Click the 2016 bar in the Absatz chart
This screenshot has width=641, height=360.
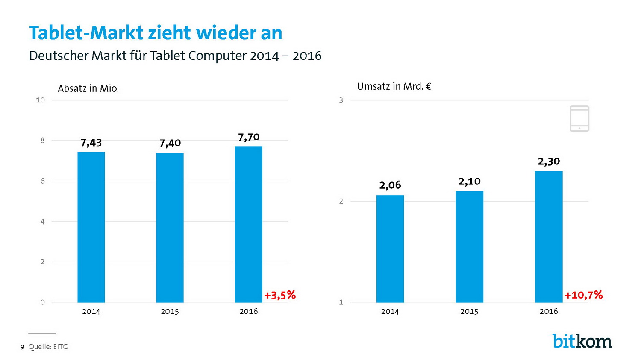coord(248,224)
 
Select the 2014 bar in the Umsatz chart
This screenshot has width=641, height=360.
coord(390,249)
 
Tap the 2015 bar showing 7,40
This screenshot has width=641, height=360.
coord(170,227)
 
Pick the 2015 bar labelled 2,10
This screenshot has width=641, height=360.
coord(469,246)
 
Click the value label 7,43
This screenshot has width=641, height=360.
coord(91,143)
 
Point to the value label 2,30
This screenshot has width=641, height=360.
coord(549,161)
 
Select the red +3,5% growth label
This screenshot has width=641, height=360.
coord(280,295)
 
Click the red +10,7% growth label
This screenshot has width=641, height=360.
coord(583,295)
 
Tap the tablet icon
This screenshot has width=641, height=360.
coord(579,118)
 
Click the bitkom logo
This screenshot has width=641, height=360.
coord(582,341)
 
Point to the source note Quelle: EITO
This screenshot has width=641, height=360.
coord(48,347)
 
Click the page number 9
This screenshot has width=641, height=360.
coord(22,347)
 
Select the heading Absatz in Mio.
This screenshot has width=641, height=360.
coord(88,88)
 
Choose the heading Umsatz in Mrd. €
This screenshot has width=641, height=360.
coord(394,86)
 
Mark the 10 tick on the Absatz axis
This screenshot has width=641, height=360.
coord(40,100)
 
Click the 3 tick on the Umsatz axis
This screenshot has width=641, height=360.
coord(341,100)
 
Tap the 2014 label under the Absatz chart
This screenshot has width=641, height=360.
coord(91,311)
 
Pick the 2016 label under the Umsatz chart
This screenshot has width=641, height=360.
coord(549,311)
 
